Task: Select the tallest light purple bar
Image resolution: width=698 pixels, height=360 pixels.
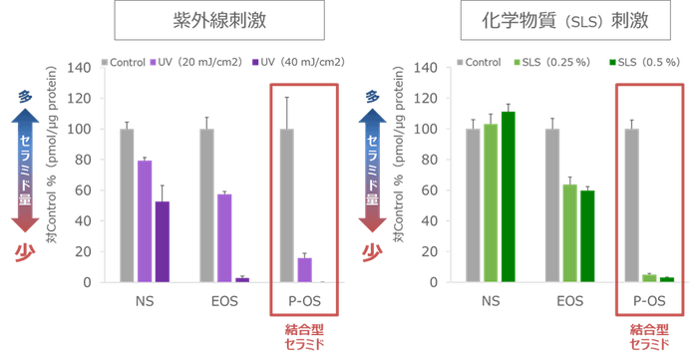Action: pyautogui.click(x=145, y=220)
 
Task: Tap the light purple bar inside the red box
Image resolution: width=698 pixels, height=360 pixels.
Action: pyautogui.click(x=304, y=268)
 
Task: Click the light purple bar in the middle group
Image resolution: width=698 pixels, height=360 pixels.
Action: pyautogui.click(x=224, y=236)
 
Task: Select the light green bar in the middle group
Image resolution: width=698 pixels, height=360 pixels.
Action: pyautogui.click(x=569, y=232)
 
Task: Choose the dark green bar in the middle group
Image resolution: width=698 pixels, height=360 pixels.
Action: pyautogui.click(x=587, y=235)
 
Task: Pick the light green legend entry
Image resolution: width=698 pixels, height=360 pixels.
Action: pyautogui.click(x=538, y=62)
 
